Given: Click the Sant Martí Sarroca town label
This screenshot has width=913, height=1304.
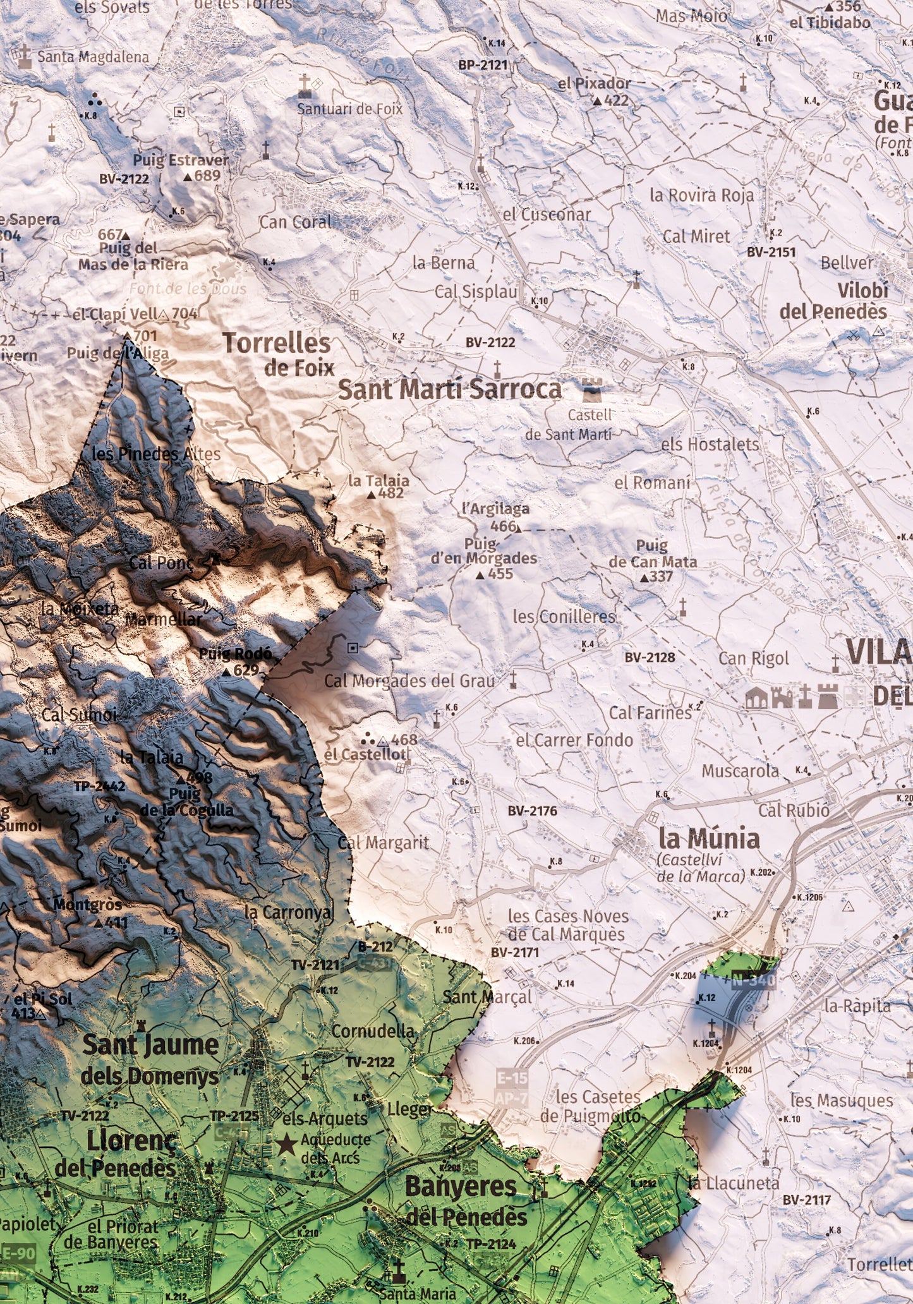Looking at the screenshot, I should pos(449,390).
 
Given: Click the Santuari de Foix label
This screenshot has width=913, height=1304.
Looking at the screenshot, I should pos(349,109).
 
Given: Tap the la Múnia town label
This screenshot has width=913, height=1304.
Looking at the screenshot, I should pos(709,839).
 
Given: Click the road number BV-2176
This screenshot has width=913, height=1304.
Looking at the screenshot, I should pos(532,811).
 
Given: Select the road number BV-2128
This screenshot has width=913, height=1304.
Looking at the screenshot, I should pos(650,657).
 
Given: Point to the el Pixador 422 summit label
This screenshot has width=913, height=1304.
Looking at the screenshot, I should pos(595,91).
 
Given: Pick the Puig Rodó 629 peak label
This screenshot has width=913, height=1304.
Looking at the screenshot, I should pos(235,661).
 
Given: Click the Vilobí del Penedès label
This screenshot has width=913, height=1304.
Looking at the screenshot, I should pos(833,301).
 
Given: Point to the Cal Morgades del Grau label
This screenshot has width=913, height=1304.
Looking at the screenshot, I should pos(409,680).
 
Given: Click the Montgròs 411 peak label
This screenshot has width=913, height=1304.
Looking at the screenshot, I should pos(88,912).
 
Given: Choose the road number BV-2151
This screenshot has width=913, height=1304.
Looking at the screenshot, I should pos(771,251).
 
